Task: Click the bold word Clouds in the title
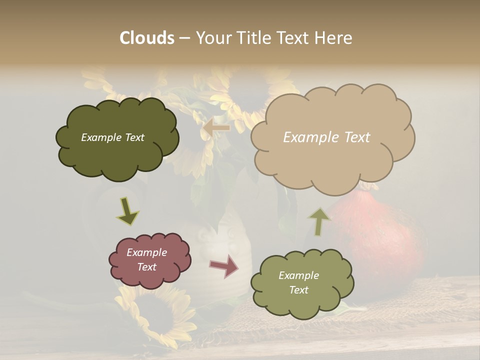[147, 38]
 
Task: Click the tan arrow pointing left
[216, 128]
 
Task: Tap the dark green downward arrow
[127, 210]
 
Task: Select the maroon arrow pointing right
[224, 266]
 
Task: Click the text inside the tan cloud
[326, 137]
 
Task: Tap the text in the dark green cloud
[112, 137]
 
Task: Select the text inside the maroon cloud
[147, 259]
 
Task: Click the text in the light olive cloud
[298, 282]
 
